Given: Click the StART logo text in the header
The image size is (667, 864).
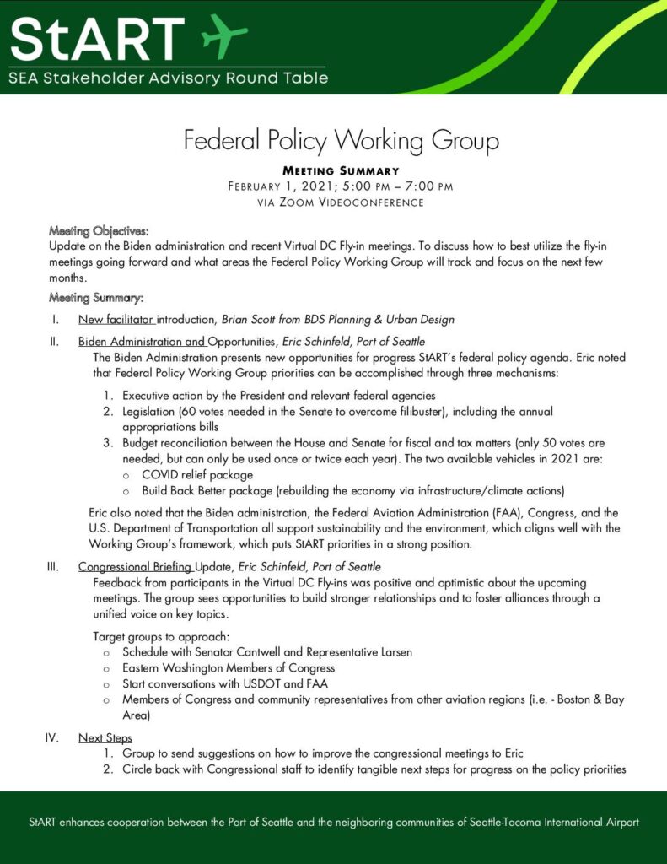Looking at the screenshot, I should [97, 37].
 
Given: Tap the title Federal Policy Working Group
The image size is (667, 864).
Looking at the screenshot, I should [342, 139].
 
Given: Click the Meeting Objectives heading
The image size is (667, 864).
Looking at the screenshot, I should [99, 229].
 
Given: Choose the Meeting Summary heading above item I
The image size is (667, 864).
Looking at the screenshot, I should [96, 297].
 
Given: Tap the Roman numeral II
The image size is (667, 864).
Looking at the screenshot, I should [53, 342].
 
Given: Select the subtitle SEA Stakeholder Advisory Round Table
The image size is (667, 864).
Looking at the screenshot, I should [169, 78].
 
